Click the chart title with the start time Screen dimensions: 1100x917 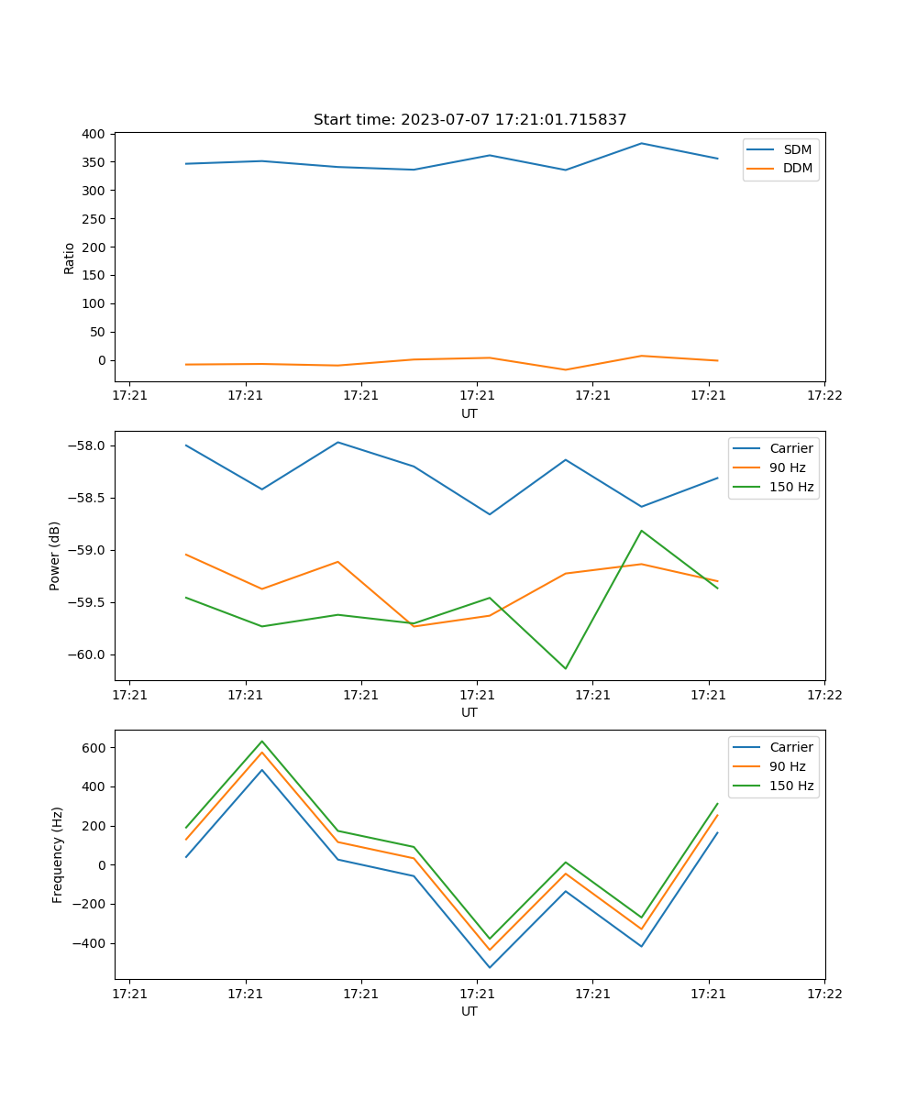(470, 120)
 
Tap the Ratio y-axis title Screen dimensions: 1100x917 (70, 258)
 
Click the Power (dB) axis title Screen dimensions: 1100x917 (55, 555)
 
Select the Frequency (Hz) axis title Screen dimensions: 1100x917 (57, 854)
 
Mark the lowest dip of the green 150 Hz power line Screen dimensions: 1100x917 (565, 668)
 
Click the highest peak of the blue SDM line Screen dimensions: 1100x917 (642, 143)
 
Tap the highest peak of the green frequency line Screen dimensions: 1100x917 (262, 742)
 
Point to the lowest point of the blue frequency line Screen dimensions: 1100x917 (490, 967)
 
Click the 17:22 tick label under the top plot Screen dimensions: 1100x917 (823, 396)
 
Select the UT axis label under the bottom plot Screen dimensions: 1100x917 (470, 1011)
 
